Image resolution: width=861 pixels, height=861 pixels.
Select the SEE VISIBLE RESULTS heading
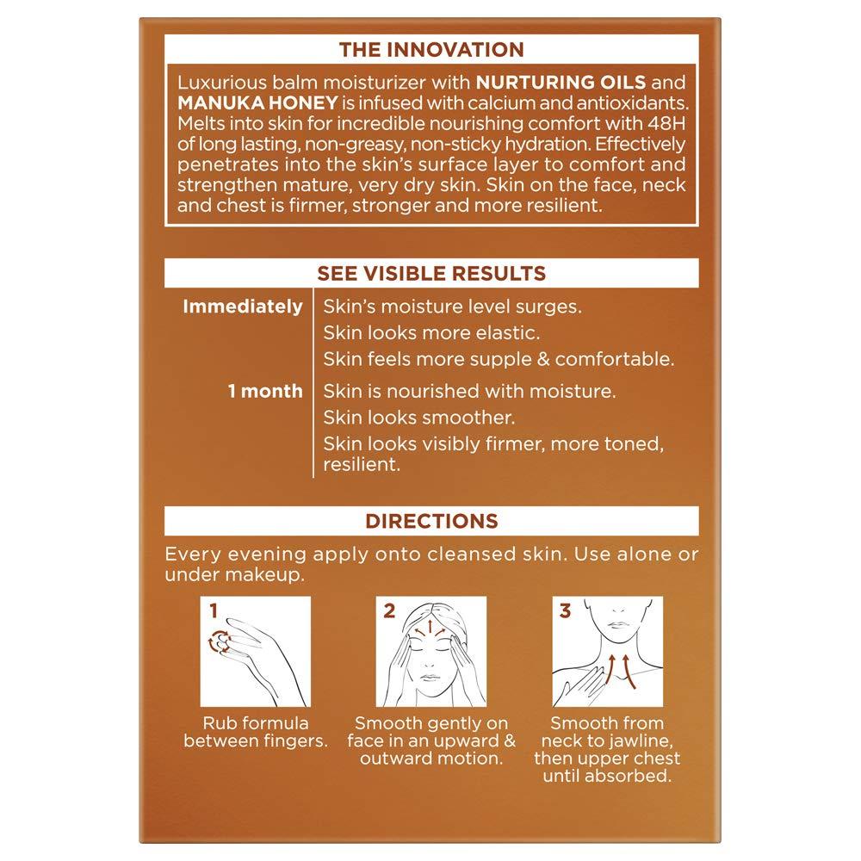(x=430, y=274)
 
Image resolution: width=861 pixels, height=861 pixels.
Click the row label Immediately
(x=244, y=307)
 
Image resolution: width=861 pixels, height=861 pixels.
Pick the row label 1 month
(x=265, y=392)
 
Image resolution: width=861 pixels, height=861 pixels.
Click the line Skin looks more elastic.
(x=431, y=332)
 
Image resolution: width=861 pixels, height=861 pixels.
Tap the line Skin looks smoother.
(x=418, y=418)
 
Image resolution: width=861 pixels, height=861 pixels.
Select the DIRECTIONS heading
(x=430, y=521)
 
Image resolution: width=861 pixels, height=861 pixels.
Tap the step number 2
(x=388, y=612)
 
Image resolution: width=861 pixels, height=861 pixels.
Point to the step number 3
(x=565, y=612)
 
